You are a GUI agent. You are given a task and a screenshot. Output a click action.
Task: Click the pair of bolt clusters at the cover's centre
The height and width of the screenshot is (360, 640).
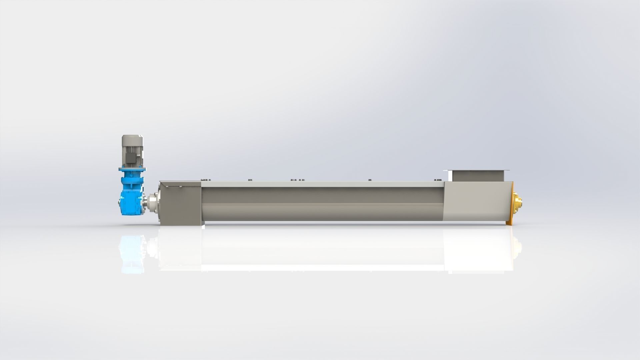297,180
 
